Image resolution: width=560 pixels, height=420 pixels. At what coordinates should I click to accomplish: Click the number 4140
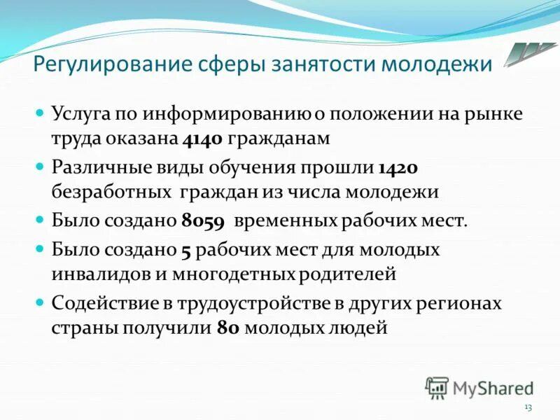click(202, 139)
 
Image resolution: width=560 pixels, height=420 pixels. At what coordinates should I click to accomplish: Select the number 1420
click(398, 169)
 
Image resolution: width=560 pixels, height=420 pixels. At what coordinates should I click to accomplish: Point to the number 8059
click(202, 221)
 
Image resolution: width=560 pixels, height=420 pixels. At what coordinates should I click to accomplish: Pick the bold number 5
click(185, 250)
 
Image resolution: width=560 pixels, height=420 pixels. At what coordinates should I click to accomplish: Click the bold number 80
click(229, 327)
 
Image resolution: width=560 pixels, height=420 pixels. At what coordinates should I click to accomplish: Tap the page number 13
click(528, 407)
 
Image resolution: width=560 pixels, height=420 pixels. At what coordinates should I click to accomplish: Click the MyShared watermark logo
click(479, 387)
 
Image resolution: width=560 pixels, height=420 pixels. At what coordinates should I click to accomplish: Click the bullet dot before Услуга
click(41, 113)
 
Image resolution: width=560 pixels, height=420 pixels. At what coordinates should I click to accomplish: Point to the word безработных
click(111, 191)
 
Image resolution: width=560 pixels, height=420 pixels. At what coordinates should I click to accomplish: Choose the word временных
click(286, 221)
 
